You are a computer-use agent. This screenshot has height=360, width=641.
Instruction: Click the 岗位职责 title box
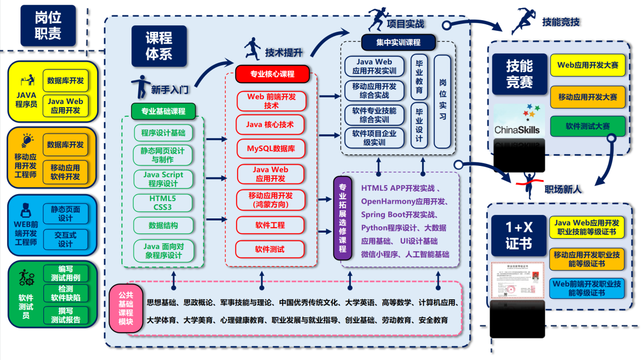tap(48, 26)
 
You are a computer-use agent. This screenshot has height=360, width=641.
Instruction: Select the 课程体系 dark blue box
tap(159, 46)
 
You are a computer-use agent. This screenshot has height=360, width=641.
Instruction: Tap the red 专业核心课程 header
tap(272, 74)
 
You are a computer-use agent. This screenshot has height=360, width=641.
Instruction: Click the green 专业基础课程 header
tap(163, 111)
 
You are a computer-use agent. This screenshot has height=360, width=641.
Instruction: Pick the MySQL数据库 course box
tap(270, 149)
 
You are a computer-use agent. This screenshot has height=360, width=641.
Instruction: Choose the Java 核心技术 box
tap(270, 124)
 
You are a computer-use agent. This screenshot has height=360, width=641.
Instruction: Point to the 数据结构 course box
tap(163, 225)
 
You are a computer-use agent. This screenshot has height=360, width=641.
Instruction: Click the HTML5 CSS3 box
tap(163, 202)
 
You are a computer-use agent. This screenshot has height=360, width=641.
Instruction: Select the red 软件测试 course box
tap(269, 249)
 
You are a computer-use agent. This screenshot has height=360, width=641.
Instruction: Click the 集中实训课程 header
tap(398, 42)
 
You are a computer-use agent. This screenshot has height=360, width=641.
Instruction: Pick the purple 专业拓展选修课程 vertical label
tap(342, 218)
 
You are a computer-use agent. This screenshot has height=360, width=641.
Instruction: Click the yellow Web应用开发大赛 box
tap(587, 65)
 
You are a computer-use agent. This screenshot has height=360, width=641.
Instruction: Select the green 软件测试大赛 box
tap(587, 126)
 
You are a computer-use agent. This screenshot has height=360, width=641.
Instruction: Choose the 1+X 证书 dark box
tap(519, 236)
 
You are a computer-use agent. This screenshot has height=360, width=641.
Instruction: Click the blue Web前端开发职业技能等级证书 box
tap(587, 288)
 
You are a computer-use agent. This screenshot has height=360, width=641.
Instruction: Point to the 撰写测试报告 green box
tap(65, 315)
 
